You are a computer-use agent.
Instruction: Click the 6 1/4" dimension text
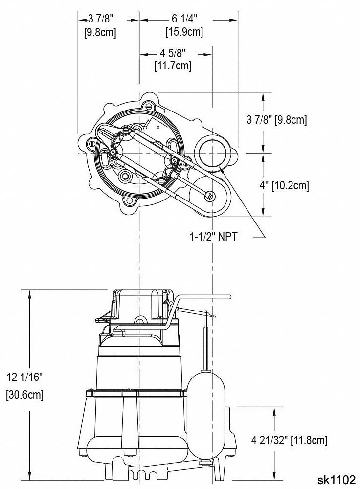tap(184, 19)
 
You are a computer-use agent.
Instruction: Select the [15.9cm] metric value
tap(184, 32)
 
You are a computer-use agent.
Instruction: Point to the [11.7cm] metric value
tap(173, 65)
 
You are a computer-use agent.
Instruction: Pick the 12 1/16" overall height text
tap(25, 377)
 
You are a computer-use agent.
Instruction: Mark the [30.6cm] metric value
tap(25, 395)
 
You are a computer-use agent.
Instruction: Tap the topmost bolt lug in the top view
tap(149, 105)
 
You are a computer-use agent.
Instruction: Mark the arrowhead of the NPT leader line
tap(222, 168)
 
